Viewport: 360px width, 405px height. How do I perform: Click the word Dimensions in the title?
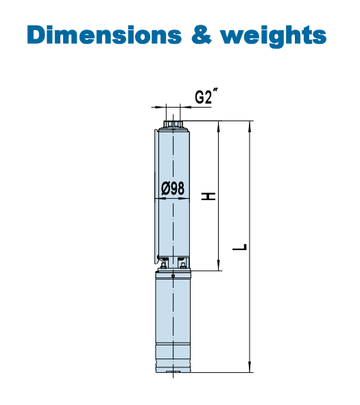coord(104,35)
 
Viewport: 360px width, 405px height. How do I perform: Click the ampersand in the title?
coord(202,35)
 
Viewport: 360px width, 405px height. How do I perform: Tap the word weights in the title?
coord(273,36)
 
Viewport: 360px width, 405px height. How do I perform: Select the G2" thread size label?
coord(206,97)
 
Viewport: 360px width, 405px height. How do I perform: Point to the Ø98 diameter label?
coord(173,188)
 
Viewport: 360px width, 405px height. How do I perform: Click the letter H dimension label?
coord(208,196)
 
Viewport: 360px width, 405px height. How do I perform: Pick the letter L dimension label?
coord(239,247)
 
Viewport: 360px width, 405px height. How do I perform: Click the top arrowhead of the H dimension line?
coord(219,127)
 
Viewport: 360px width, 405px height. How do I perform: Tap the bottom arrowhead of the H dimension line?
coord(219,265)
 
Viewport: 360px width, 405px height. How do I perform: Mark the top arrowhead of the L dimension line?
coord(250,127)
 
